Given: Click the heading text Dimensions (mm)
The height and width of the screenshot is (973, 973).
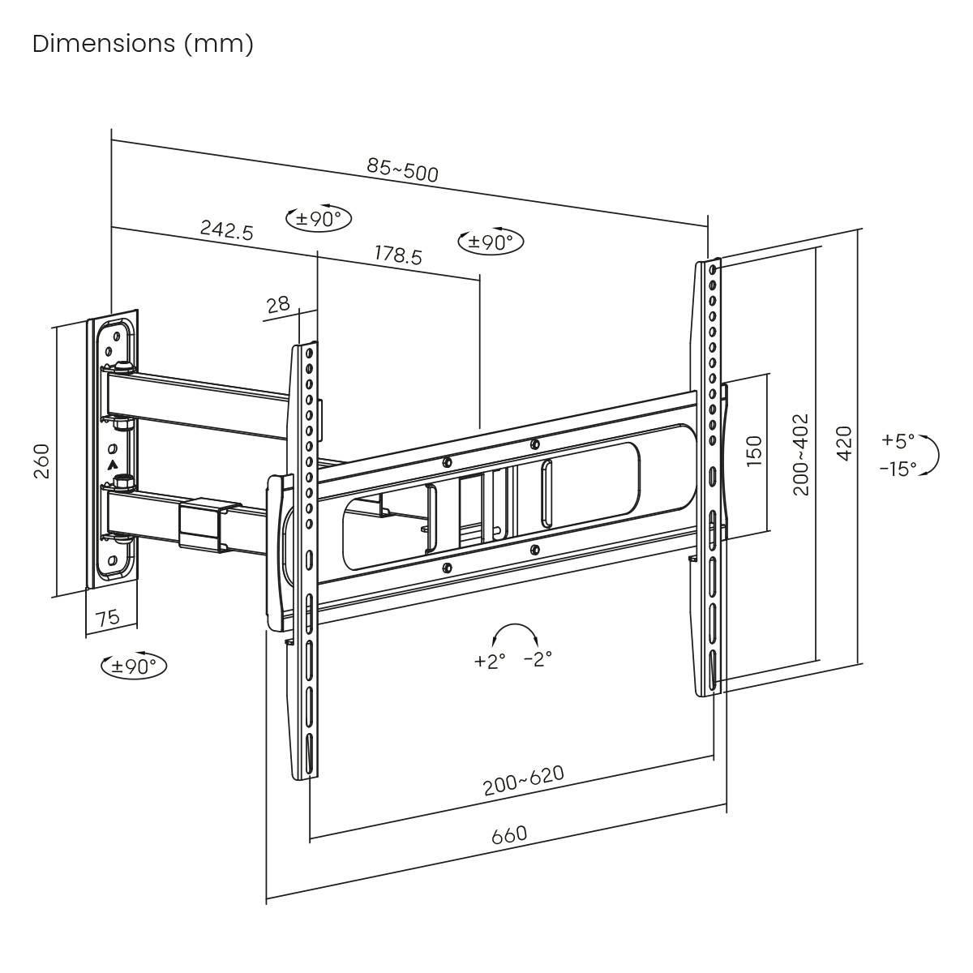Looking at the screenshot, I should pos(143,44).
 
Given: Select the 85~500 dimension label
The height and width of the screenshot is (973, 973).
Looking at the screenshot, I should pos(402,169).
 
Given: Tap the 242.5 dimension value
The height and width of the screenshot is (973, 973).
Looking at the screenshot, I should pos(227,230).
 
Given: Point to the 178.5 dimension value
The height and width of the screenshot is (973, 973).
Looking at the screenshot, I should pos(397,255).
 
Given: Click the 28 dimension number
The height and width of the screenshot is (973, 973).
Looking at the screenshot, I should pos(278,305).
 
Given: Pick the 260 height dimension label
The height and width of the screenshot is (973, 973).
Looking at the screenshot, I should pos(41,461).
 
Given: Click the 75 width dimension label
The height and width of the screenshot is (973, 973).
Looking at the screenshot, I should pos(107,618).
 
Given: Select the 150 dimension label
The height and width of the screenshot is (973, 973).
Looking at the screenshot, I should pos(754,450).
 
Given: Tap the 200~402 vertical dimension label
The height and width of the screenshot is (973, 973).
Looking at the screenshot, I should pos(801,454).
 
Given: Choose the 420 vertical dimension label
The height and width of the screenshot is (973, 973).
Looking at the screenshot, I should pos(844,443).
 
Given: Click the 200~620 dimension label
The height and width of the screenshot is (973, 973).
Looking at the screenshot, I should pos(523,780).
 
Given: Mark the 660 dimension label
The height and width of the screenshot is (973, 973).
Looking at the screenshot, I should pos(509,834).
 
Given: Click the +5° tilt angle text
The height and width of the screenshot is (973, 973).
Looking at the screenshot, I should pos(898,441).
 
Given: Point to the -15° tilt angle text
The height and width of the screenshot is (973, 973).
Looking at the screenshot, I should pos(898,469).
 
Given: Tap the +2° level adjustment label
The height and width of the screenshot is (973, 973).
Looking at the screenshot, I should pos(490,661).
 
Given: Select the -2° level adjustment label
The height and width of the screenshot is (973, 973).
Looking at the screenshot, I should pos(538,658).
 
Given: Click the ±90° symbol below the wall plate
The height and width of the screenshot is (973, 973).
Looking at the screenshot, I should pos(134,666).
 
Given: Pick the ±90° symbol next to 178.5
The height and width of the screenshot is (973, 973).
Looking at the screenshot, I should pos(491,241).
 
